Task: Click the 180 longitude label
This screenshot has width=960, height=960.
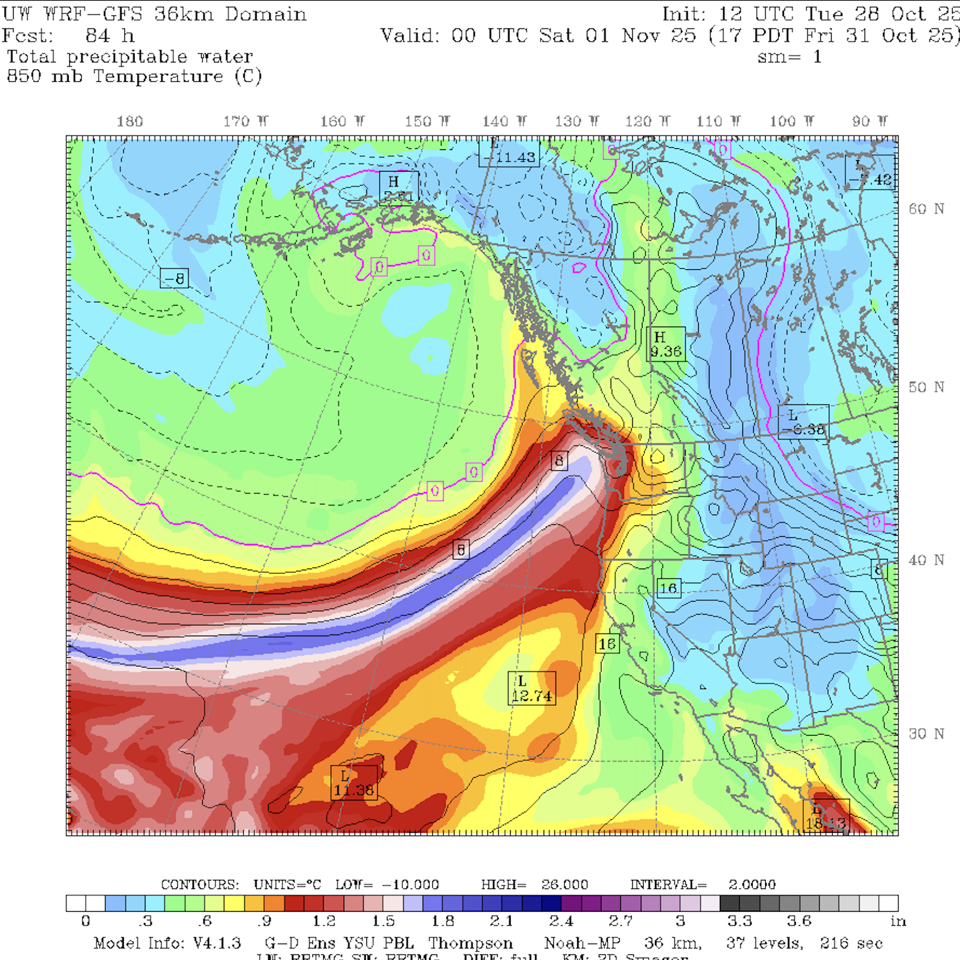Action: pos(130,122)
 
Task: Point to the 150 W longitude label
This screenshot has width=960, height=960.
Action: pos(427,122)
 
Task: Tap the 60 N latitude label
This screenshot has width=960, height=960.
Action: pos(926,209)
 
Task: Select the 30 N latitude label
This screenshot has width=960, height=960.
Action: pos(926,734)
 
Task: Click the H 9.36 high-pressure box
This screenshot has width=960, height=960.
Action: pos(666,345)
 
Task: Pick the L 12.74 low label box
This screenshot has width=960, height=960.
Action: pos(532,688)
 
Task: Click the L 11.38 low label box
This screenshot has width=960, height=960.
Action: pos(354,783)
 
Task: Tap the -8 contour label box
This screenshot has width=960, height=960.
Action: pos(174,278)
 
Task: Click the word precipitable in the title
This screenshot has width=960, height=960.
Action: pos(127,57)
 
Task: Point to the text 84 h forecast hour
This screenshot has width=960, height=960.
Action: pos(110,36)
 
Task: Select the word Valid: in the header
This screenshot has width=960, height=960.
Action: pos(410,36)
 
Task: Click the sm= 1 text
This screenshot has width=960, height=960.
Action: pos(789,57)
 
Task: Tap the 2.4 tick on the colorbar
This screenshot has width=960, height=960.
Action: pos(561,921)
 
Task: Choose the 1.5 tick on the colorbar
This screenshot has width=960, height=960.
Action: pos(384,921)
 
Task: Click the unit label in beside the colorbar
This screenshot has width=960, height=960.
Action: pos(898,921)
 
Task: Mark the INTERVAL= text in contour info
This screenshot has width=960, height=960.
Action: pos(669,884)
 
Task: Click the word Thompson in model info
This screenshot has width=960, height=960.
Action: pos(470,944)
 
